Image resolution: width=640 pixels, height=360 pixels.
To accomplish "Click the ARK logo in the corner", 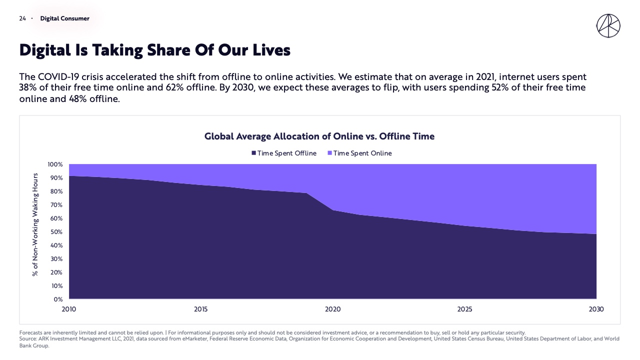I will click(608, 25).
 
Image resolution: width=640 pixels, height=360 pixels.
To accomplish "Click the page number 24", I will click(22, 18).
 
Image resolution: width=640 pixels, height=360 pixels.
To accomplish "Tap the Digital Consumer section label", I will click(65, 18).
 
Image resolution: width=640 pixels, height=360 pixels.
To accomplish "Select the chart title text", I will click(319, 136).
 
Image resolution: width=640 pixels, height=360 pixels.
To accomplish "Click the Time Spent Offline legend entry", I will click(284, 153).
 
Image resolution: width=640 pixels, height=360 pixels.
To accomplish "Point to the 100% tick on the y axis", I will click(55, 164).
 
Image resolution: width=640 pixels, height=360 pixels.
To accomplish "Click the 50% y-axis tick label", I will click(56, 232).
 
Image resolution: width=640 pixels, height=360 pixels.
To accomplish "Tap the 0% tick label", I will click(58, 299).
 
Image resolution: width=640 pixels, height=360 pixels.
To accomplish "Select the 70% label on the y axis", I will click(56, 205).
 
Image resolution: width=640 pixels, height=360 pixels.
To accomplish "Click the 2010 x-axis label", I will click(69, 309).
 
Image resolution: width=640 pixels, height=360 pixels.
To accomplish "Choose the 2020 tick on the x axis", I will click(332, 309).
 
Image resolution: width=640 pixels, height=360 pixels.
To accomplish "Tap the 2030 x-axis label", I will click(596, 309).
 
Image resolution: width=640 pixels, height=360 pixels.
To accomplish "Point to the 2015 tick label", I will click(201, 309).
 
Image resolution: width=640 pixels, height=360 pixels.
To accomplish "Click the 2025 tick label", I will click(464, 309).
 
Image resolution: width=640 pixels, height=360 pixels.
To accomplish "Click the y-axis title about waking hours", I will click(35, 224).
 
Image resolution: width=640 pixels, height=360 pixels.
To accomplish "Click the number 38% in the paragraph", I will click(27, 88).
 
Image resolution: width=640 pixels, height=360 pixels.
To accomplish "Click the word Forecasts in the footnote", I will click(30, 332).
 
